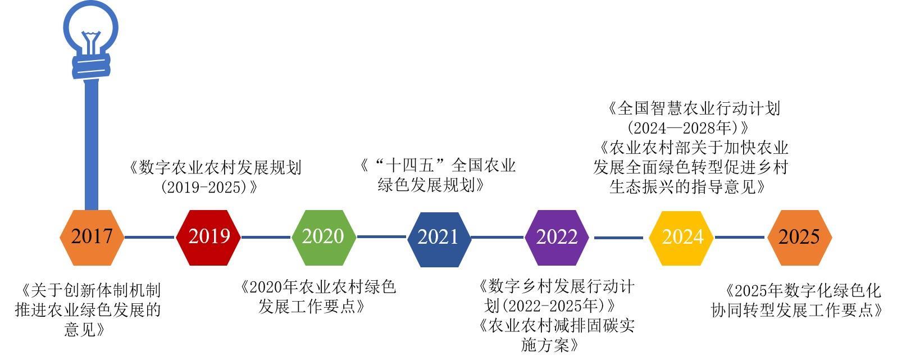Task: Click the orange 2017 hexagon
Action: (x=92, y=237)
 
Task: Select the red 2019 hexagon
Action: (x=208, y=237)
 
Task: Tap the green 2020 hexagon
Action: (x=324, y=237)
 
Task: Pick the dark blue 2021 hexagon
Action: (x=439, y=238)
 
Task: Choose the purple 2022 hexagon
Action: (x=557, y=238)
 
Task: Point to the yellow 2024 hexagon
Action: (x=681, y=238)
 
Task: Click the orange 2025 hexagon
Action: (x=799, y=238)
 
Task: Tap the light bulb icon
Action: (x=91, y=37)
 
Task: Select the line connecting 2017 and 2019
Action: (x=149, y=238)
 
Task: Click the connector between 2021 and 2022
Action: (x=498, y=238)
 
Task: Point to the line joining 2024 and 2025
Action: (x=739, y=238)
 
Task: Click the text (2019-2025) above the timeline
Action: (x=206, y=187)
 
